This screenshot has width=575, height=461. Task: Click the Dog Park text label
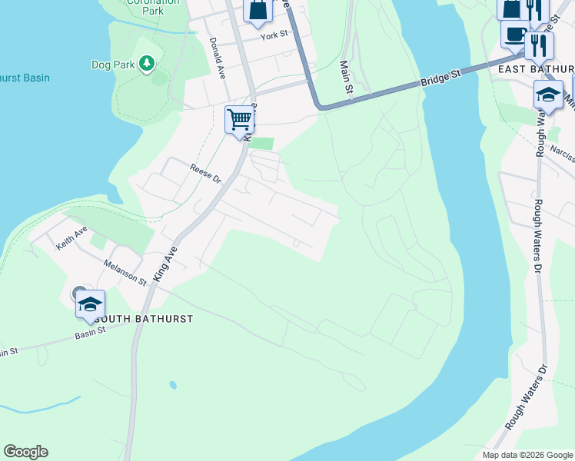click(113, 65)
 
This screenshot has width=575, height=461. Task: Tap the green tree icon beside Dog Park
click(146, 64)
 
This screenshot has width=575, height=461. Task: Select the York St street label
click(273, 35)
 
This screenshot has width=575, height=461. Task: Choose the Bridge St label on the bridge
click(440, 78)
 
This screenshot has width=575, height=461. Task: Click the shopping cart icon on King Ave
click(240, 119)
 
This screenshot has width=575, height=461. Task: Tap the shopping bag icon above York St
click(258, 9)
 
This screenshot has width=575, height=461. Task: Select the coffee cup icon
click(514, 34)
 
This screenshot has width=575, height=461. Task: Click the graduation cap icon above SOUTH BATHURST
click(90, 304)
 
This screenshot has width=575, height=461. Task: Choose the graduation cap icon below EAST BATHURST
click(548, 95)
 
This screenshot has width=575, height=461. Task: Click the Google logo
click(25, 452)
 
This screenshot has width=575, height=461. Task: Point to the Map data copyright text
click(527, 455)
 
